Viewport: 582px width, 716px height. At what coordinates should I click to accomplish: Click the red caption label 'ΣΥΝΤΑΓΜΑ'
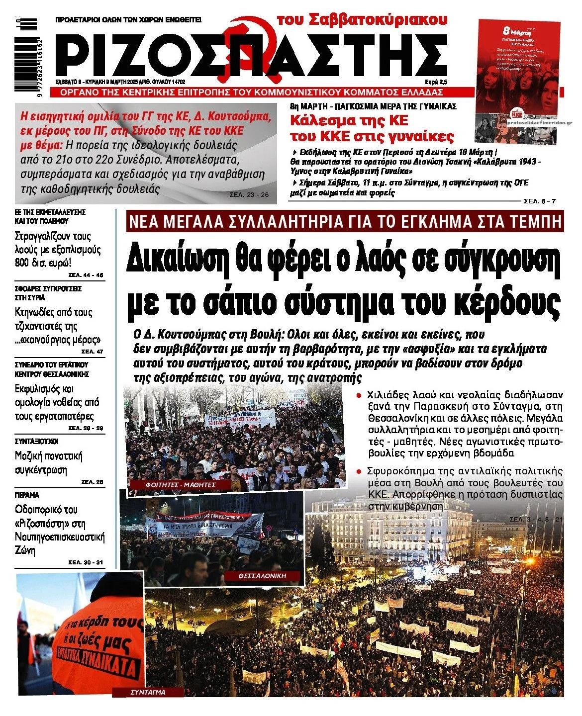(x=148, y=692)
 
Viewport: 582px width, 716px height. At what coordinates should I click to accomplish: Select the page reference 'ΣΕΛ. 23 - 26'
(x=249, y=195)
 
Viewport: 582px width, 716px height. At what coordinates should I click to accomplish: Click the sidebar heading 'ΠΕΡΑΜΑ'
(x=27, y=495)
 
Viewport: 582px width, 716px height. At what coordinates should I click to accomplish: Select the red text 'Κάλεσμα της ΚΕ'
(x=349, y=120)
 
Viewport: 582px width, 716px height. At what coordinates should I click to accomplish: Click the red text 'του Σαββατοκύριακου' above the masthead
(x=362, y=19)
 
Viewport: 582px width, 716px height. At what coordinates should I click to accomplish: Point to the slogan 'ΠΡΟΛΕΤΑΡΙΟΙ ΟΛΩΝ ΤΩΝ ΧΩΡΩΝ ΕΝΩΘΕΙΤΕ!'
(x=128, y=20)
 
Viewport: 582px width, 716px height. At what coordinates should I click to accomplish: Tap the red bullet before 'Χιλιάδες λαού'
(x=358, y=395)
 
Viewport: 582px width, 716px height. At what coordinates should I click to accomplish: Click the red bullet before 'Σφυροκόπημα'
(x=358, y=471)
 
